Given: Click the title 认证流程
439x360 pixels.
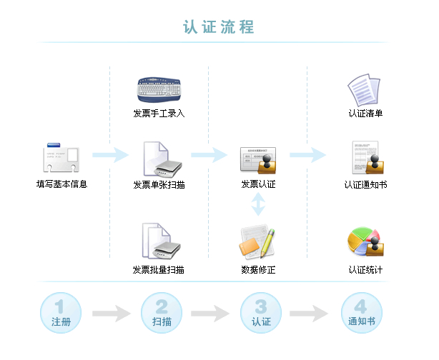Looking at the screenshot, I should [219, 27].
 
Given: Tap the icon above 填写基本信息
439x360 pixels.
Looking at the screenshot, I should [61, 157].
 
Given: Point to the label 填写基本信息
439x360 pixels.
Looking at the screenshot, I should [61, 184].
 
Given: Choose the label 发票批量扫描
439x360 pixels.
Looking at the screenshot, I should [159, 270].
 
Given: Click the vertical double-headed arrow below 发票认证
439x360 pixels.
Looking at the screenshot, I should [258, 206].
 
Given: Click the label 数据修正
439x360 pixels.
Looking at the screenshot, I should [258, 270].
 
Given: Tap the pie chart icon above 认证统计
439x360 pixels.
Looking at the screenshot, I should [365, 243].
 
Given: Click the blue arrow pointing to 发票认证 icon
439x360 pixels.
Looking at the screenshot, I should [209, 155].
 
